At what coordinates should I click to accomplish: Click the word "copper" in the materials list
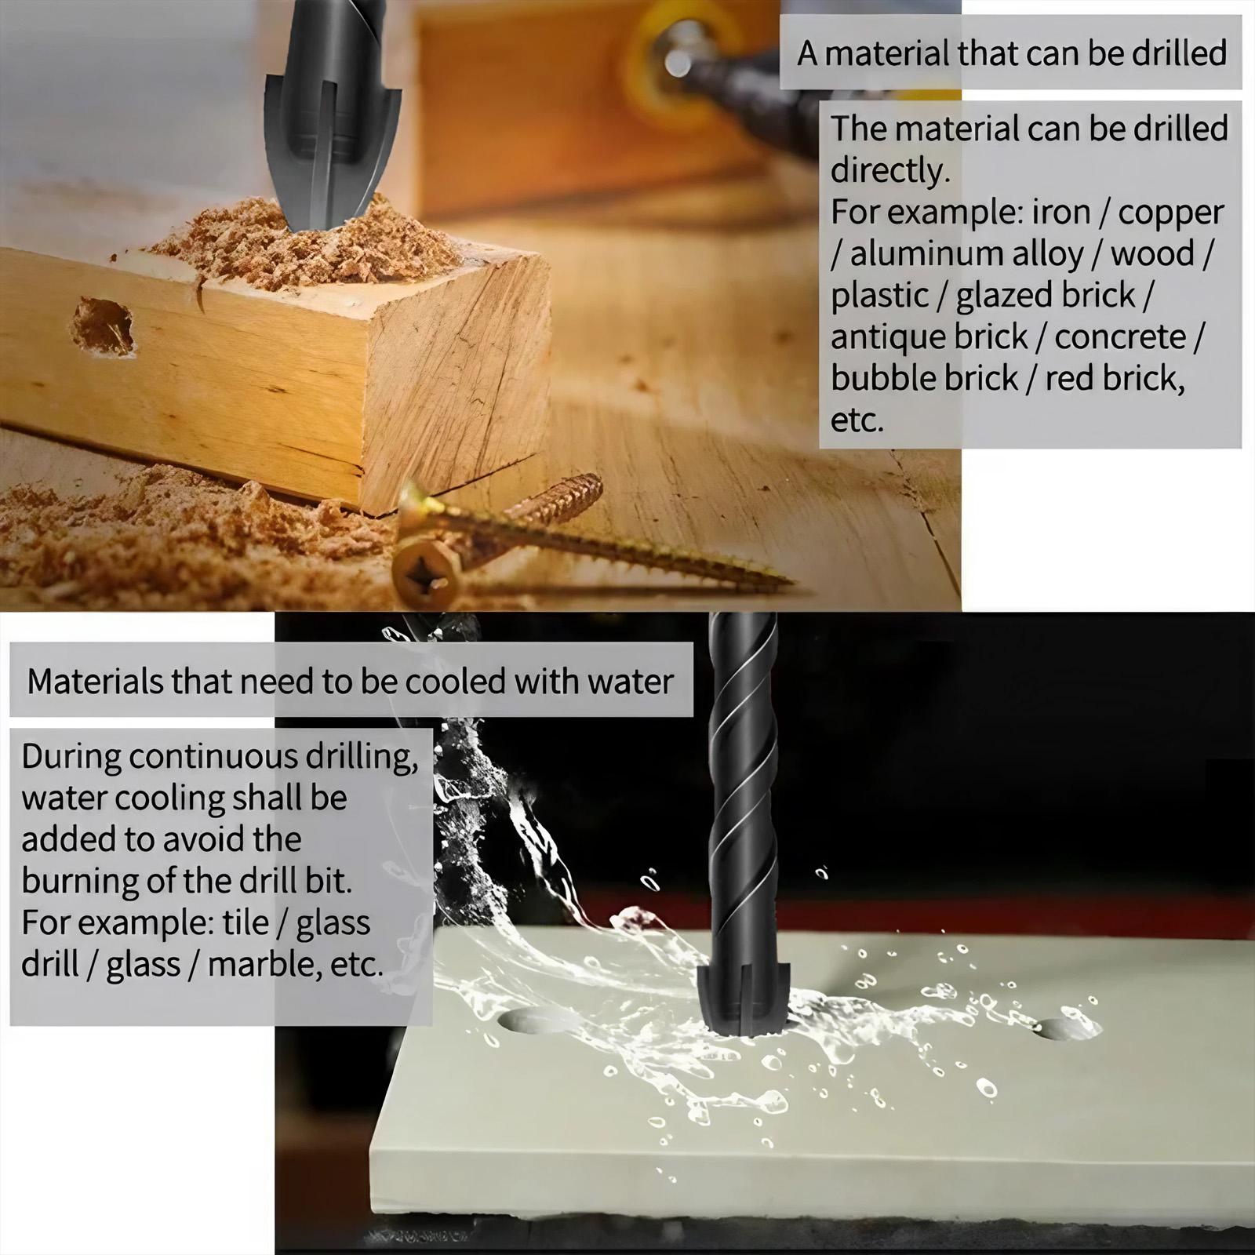click(1170, 213)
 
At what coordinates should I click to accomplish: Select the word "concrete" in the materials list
click(1119, 337)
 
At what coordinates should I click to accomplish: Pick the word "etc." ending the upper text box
click(857, 420)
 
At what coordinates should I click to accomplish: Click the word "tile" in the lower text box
click(245, 922)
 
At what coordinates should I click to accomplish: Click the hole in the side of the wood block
click(104, 326)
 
